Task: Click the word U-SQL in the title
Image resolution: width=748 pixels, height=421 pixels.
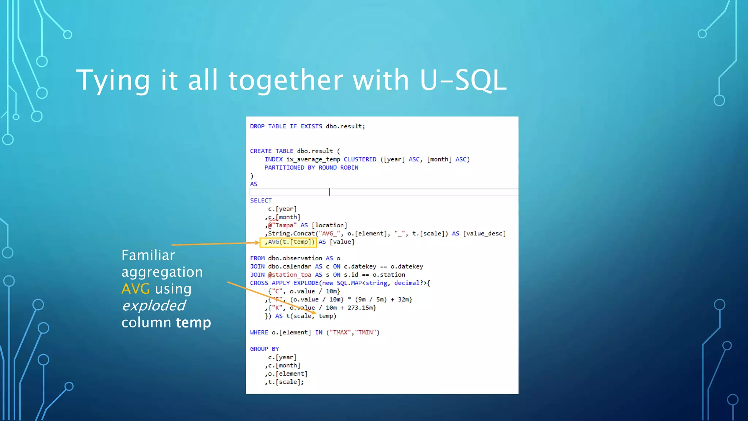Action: pyautogui.click(x=463, y=80)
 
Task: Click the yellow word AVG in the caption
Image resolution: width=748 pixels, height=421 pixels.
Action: pyautogui.click(x=136, y=289)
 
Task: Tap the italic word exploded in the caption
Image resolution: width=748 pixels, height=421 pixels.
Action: pyautogui.click(x=154, y=306)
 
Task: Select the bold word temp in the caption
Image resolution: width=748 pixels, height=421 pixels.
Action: pyautogui.click(x=193, y=322)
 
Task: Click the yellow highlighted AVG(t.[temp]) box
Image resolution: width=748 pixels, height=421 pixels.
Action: pyautogui.click(x=288, y=242)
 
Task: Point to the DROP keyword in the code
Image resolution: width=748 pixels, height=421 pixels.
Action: pyautogui.click(x=257, y=126)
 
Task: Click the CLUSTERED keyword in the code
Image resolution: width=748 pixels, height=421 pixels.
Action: pyautogui.click(x=360, y=159)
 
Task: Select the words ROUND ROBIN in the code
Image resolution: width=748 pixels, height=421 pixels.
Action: pyautogui.click(x=338, y=168)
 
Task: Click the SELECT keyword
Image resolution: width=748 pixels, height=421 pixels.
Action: pyautogui.click(x=261, y=201)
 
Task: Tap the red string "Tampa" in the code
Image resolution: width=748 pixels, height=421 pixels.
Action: pyautogui.click(x=284, y=225)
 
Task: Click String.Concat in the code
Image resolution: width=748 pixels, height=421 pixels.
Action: pyautogui.click(x=291, y=234)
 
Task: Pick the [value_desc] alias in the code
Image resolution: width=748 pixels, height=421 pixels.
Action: pyautogui.click(x=484, y=234)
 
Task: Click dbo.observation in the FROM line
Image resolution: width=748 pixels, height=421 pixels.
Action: pyautogui.click(x=295, y=258)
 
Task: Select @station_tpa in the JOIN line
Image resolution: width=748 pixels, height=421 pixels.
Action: pyautogui.click(x=289, y=275)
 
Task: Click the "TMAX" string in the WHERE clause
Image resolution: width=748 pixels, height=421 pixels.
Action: pyautogui.click(x=340, y=333)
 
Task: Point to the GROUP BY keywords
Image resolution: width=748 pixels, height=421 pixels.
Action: pyautogui.click(x=264, y=349)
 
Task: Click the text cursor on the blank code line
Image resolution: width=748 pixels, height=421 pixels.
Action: pyautogui.click(x=329, y=192)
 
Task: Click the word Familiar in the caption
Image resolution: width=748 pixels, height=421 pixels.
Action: pyautogui.click(x=148, y=255)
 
